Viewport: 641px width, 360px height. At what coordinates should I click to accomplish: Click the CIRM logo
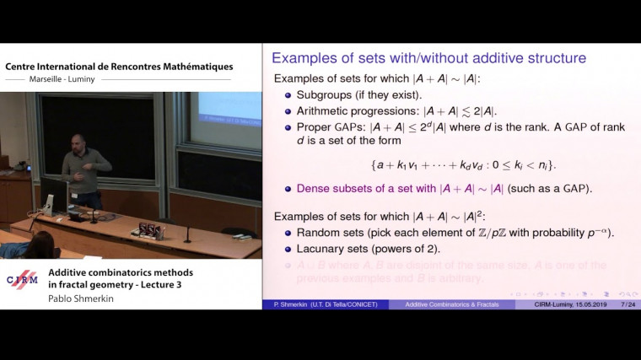coord(23,280)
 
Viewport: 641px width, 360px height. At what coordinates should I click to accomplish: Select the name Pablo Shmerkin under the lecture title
coord(83,298)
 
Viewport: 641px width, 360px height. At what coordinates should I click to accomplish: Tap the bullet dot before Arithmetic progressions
coord(288,111)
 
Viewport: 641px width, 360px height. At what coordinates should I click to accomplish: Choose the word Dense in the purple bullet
coord(314,189)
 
